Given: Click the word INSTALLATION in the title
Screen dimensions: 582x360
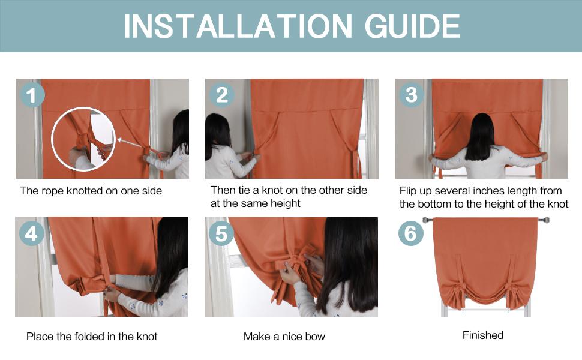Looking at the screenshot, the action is click(x=238, y=26).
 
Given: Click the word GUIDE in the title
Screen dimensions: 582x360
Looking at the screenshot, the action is click(x=412, y=26).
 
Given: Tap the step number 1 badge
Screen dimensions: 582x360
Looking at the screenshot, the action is click(x=32, y=95).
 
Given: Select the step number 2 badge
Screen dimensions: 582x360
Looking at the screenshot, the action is click(x=222, y=95).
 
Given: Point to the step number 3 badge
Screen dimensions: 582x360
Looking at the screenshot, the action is click(x=412, y=95).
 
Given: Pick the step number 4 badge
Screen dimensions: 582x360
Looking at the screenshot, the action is click(x=32, y=233).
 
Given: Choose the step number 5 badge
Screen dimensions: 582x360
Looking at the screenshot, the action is click(x=221, y=233).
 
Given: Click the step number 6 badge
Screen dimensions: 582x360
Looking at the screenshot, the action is click(x=411, y=233).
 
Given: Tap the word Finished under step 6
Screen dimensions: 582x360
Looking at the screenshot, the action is click(x=483, y=335).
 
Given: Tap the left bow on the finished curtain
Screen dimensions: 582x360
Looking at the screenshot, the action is click(x=457, y=292).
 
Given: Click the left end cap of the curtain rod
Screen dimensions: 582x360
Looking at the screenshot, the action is click(x=425, y=220).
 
